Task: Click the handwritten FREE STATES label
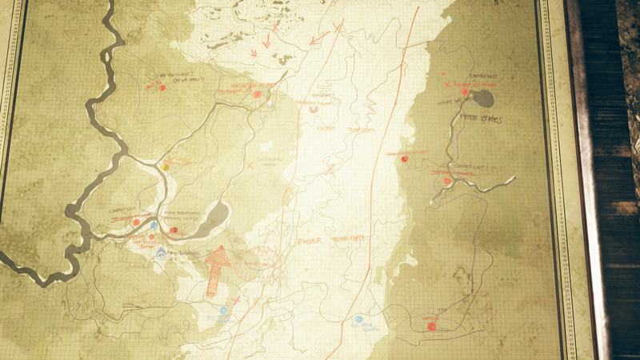[x=480, y=120]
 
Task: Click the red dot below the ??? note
[x=431, y=326]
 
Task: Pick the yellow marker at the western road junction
[x=166, y=168]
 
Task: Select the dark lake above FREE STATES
[x=482, y=98]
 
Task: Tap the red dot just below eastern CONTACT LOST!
[x=448, y=181]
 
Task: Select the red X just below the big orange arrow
[x=236, y=301]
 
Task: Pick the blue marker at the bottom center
[x=359, y=320]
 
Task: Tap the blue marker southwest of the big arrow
[x=223, y=310]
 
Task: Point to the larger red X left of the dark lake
[x=446, y=83]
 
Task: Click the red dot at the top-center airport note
[x=258, y=94]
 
